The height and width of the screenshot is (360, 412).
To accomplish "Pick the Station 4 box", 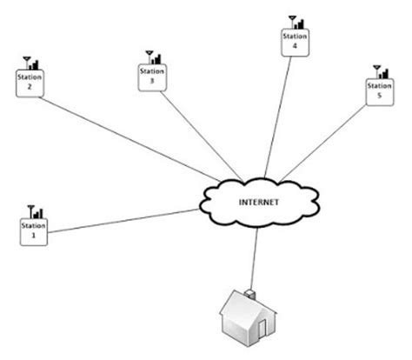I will pyautogui.click(x=294, y=44).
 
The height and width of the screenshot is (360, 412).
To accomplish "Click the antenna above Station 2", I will pyautogui.click(x=25, y=63).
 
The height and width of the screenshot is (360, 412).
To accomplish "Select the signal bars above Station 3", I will pyautogui.click(x=157, y=58).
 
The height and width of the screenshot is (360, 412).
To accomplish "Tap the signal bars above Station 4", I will pyautogui.click(x=299, y=25).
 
